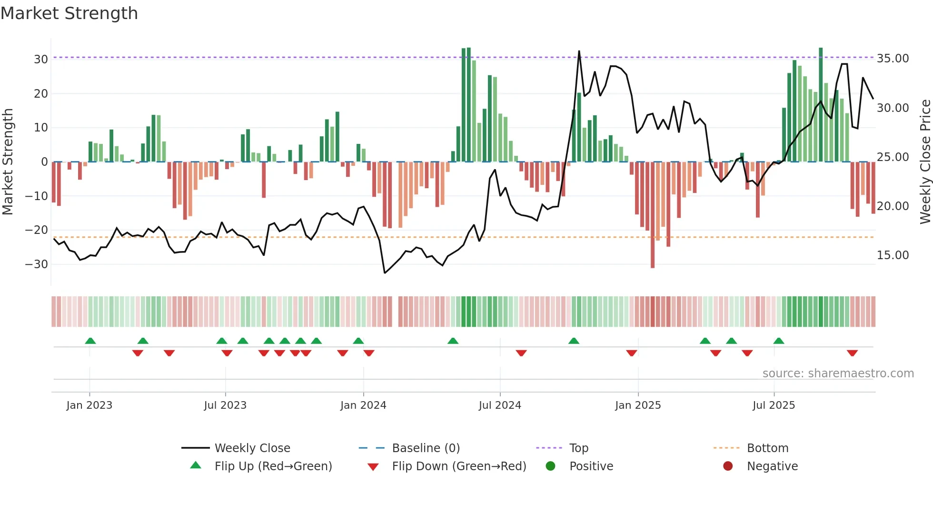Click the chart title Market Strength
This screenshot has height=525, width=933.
[69, 13]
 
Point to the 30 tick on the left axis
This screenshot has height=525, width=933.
[41, 60]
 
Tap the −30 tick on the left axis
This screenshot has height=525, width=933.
[37, 264]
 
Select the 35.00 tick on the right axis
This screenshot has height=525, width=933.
[893, 59]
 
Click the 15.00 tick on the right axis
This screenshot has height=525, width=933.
[893, 255]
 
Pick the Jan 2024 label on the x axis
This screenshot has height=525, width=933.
[363, 405]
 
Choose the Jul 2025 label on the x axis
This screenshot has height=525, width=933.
[774, 405]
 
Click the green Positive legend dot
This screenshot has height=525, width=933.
[550, 466]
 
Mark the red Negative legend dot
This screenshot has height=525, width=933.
[728, 466]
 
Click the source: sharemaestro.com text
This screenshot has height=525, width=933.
[838, 374]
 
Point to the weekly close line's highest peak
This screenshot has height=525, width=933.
[579, 51]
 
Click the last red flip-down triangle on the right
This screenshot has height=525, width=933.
[852, 353]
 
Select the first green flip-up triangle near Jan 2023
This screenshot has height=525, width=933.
[90, 341]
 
